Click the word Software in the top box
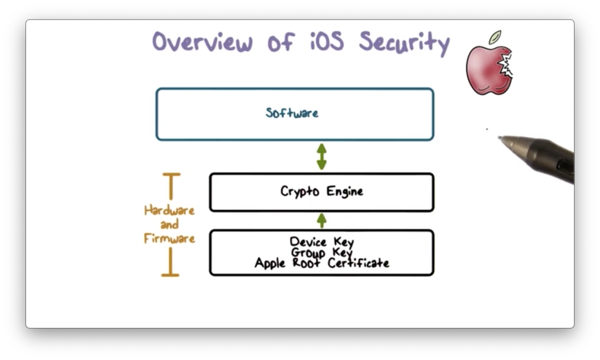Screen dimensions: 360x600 [292, 113]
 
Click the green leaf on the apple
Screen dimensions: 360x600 [495, 37]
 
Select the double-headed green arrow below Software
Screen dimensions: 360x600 [321, 156]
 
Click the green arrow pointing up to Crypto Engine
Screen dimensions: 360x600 [321, 220]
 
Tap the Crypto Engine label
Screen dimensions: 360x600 [321, 192]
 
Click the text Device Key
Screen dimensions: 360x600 [321, 242]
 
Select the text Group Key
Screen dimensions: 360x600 [321, 252]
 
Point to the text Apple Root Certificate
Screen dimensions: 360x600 [321, 263]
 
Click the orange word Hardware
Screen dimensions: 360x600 [170, 210]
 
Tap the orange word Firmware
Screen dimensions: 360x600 [170, 238]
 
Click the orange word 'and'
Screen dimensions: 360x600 [170, 225]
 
